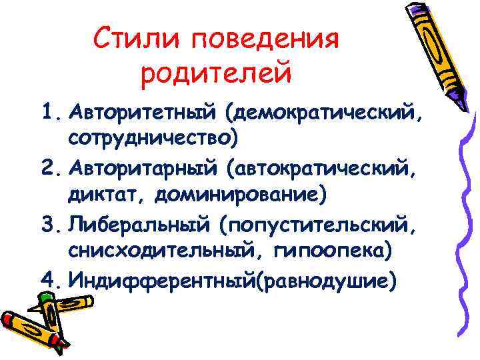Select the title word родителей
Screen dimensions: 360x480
coord(216,73)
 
